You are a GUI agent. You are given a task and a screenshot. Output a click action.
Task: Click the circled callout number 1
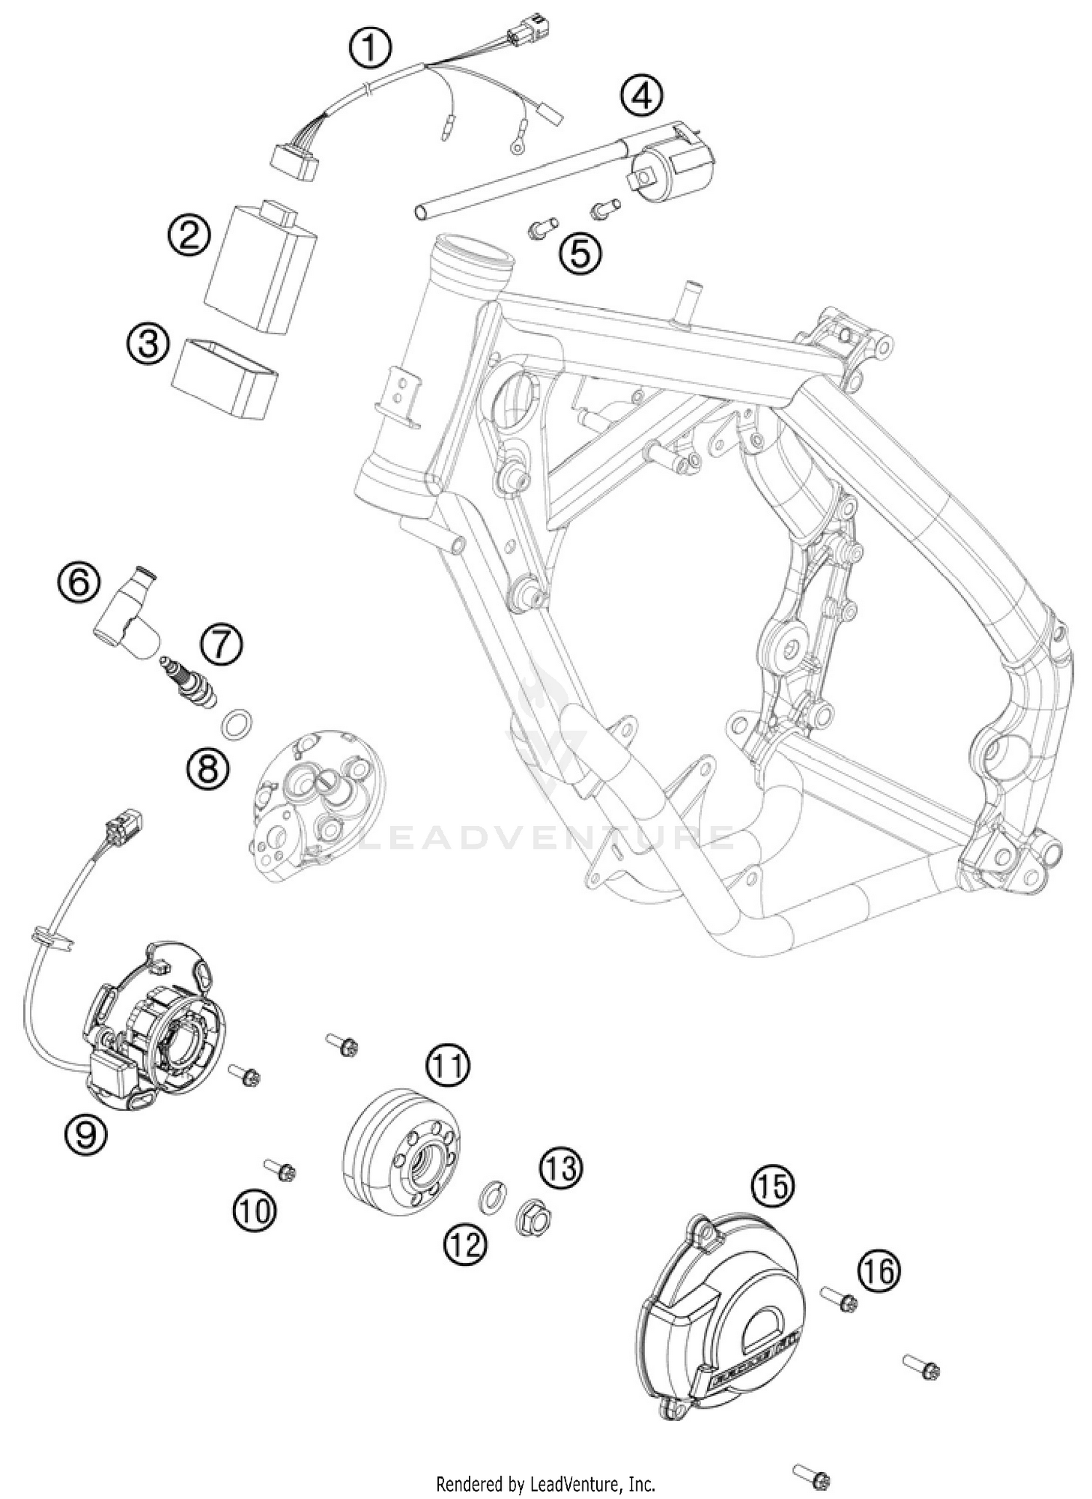[370, 49]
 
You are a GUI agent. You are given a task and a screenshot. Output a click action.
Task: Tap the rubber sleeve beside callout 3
[225, 378]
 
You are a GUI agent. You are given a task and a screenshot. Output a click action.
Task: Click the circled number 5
[580, 253]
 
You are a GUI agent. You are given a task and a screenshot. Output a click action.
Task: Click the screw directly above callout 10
[280, 1168]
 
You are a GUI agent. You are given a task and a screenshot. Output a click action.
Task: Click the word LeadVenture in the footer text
[577, 1483]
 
